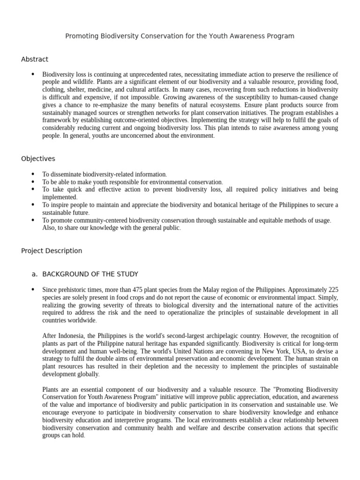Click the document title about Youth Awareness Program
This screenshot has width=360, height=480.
(x=180, y=36)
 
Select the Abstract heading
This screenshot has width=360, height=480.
(x=35, y=59)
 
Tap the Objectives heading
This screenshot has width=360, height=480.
(x=38, y=159)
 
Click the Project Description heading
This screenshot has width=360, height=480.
(x=52, y=251)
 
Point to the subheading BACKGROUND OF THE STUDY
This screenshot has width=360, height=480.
(x=90, y=274)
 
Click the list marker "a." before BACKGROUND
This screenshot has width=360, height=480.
(x=34, y=274)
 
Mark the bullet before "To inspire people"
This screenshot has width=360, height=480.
(x=32, y=205)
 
